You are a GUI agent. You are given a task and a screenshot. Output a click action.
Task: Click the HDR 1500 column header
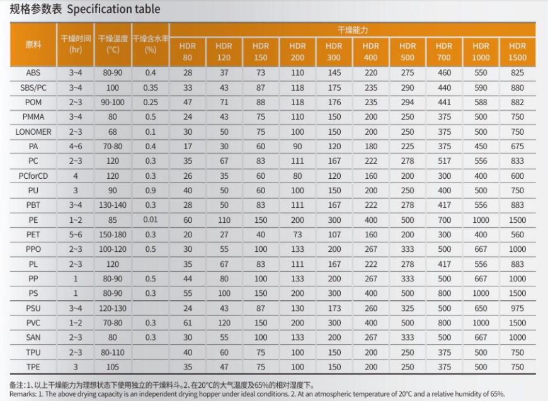click(517, 52)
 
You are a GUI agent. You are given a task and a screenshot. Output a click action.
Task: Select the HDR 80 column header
click(188, 52)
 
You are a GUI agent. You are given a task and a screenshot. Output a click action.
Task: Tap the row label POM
click(33, 102)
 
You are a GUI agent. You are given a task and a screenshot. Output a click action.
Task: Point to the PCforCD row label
click(33, 176)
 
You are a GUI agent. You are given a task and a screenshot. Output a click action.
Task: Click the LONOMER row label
click(33, 132)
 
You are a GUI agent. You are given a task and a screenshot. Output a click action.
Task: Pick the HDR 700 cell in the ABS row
click(444, 73)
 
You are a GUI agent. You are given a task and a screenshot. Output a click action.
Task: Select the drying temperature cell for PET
click(113, 234)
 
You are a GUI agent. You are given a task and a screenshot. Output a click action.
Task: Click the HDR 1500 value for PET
click(517, 234)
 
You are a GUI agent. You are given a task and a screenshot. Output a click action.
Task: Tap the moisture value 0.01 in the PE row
click(151, 220)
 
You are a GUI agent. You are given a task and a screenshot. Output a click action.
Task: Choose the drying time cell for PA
click(76, 146)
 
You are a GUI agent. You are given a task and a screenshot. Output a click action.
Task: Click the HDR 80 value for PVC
click(188, 322)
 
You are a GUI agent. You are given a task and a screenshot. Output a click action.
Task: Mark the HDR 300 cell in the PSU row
click(334, 308)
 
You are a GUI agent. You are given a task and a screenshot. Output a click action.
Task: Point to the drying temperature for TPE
click(113, 366)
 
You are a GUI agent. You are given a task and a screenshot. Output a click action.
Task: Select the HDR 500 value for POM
click(408, 102)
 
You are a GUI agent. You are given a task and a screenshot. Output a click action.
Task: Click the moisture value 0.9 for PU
click(151, 190)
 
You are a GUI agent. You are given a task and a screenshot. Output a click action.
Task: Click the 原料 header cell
click(33, 45)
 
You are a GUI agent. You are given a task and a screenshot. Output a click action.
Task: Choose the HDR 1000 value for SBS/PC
click(481, 88)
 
